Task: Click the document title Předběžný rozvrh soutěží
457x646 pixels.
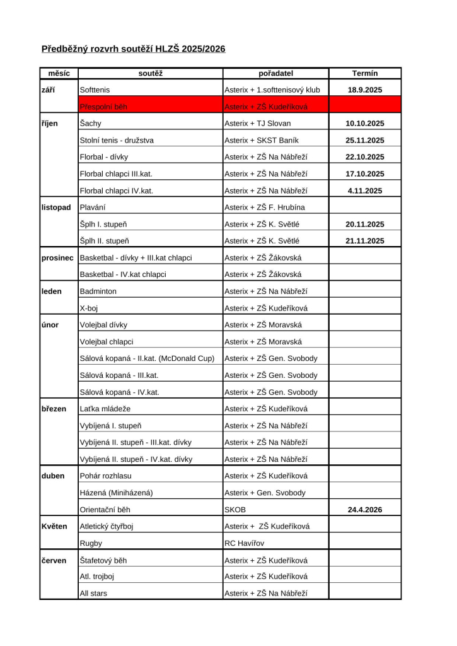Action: point(133,49)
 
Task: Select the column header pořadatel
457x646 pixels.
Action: point(275,73)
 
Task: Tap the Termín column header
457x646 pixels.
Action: point(365,73)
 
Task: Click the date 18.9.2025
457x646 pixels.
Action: point(365,90)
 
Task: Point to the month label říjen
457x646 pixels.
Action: point(49,124)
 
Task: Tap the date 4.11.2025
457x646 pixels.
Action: point(365,191)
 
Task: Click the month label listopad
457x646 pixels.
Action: point(56,208)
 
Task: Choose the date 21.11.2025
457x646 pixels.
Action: point(365,241)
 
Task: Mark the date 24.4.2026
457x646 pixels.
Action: point(365,510)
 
